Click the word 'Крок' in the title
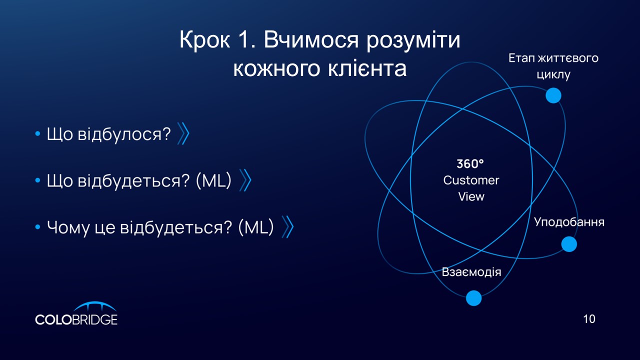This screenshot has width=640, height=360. coord(205,39)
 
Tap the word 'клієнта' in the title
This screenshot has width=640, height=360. coord(367,68)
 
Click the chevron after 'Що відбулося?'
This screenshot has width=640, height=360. coord(183,133)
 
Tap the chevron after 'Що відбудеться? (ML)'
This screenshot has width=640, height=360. coord(245,180)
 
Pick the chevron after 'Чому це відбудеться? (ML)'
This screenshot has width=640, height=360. coord(287,227)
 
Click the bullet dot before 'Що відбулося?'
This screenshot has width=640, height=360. coord(37,133)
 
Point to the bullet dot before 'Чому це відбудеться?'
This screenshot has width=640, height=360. coord(37,227)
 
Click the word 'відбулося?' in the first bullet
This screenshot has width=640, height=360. coord(124,134)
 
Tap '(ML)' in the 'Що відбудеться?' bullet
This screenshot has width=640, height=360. coord(213,180)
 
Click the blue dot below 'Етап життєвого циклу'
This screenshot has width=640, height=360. coord(553,95)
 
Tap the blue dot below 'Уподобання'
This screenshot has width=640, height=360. coord(569,244)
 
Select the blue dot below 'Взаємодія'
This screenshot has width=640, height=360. coord(473,298)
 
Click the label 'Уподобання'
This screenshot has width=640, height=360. coord(569,222)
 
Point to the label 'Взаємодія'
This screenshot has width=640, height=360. coord(471,272)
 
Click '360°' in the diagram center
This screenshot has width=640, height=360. coord(470,163)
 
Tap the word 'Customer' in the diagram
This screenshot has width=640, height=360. coord(471,180)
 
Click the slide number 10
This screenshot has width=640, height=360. coord(589,319)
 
